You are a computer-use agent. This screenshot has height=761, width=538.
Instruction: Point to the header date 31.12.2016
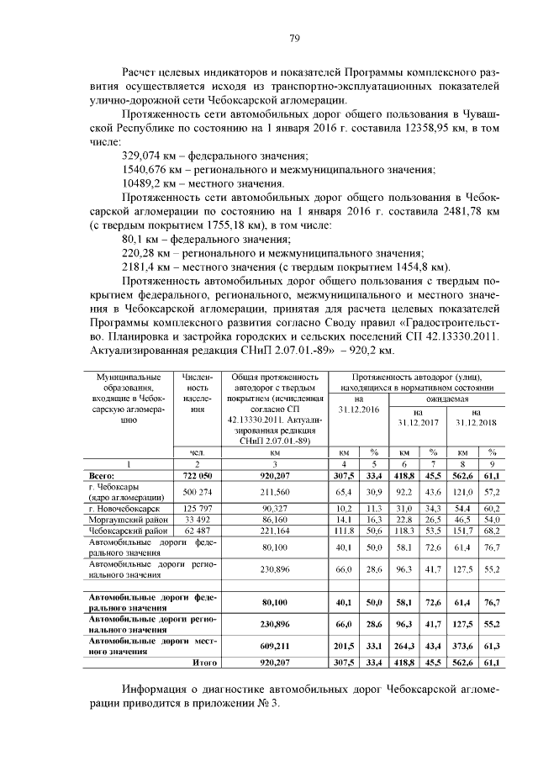coord(358,409)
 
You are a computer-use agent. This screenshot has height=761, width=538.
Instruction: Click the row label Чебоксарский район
coord(122,532)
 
